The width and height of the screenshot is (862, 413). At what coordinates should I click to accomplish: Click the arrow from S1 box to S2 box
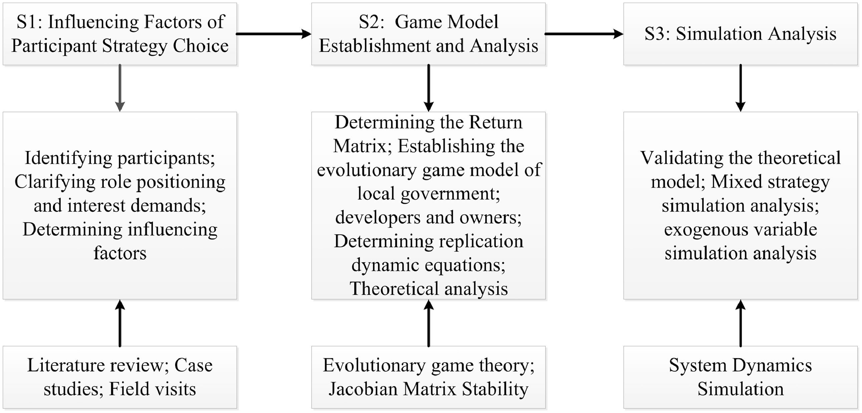pyautogui.click(x=273, y=34)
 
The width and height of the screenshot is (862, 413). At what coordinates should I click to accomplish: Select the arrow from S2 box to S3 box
pyautogui.click(x=584, y=34)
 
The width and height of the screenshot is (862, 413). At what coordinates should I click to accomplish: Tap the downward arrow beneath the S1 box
pyautogui.click(x=120, y=88)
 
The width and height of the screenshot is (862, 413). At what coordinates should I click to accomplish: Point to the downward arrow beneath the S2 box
pyautogui.click(x=428, y=88)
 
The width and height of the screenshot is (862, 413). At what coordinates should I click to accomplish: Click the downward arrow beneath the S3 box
pyautogui.click(x=740, y=88)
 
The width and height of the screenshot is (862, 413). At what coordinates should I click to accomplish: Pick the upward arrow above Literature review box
pyautogui.click(x=120, y=323)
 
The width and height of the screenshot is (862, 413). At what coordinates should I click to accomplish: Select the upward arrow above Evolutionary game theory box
pyautogui.click(x=428, y=323)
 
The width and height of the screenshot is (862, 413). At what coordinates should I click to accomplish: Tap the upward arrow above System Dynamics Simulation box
pyautogui.click(x=740, y=323)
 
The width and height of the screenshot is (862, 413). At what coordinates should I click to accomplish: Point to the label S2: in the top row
pyautogui.click(x=371, y=22)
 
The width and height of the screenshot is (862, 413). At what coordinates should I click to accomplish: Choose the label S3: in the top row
pyautogui.click(x=657, y=34)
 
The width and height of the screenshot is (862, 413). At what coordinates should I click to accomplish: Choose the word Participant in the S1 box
pyautogui.click(x=54, y=46)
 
